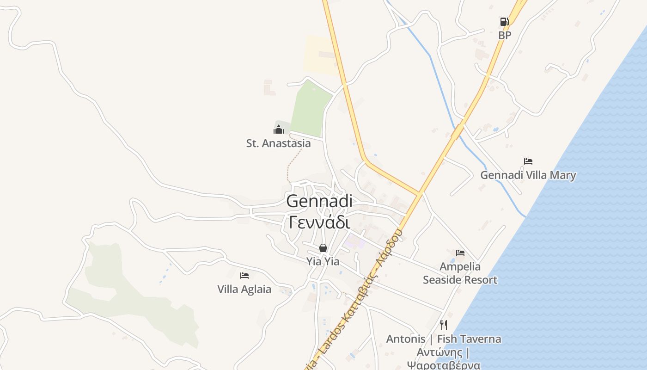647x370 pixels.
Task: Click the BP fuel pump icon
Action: pyautogui.click(x=504, y=22)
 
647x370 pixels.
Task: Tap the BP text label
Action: pyautogui.click(x=505, y=35)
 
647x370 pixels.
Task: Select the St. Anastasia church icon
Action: pyautogui.click(x=278, y=129)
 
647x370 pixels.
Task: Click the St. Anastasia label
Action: pyautogui.click(x=278, y=143)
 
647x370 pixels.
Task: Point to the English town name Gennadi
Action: pyautogui.click(x=319, y=201)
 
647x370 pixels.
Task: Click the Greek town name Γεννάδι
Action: pyautogui.click(x=319, y=222)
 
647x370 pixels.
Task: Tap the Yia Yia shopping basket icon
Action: pyautogui.click(x=323, y=248)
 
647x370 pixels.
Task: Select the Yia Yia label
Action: pyautogui.click(x=323, y=262)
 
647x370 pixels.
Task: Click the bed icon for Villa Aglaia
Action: pyautogui.click(x=244, y=276)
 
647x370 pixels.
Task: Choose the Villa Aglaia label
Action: pyautogui.click(x=244, y=290)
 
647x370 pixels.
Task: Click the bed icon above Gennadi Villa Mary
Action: pyautogui.click(x=528, y=161)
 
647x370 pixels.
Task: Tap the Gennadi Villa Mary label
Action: pyautogui.click(x=528, y=175)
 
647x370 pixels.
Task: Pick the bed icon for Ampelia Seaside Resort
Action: pyautogui.click(x=460, y=253)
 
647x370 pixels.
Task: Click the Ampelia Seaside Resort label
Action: pyautogui.click(x=460, y=273)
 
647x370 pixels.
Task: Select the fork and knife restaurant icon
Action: pyautogui.click(x=444, y=325)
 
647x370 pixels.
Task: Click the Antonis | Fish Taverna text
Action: pyautogui.click(x=444, y=339)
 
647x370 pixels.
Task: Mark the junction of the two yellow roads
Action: pyautogui.click(x=420, y=193)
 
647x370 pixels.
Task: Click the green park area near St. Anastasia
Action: pyautogui.click(x=311, y=109)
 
